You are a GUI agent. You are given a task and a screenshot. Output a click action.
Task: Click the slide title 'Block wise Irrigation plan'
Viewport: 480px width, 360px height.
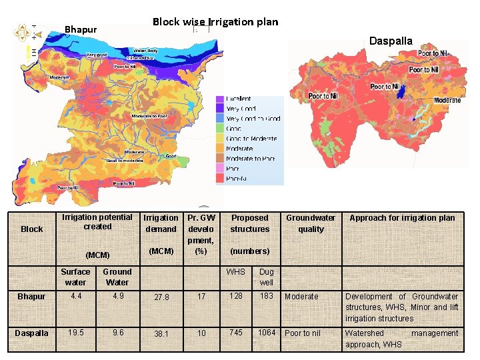click(215, 21)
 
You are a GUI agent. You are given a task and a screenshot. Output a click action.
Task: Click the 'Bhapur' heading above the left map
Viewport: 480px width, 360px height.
click(81, 29)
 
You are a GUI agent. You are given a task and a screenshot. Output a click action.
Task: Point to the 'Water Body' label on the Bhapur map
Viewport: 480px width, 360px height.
click(145, 51)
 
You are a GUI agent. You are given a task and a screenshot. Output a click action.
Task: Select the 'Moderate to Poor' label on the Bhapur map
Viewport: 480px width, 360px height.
click(149, 117)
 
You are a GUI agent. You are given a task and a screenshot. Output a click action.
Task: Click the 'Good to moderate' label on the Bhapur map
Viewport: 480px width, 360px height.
click(125, 161)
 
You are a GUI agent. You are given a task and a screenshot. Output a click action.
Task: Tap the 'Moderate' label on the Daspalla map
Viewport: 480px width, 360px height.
click(447, 100)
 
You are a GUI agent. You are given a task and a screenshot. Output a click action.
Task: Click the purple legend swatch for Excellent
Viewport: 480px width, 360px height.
click(219, 99)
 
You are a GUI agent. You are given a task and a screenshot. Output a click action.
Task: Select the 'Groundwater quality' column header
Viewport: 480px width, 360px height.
click(311, 223)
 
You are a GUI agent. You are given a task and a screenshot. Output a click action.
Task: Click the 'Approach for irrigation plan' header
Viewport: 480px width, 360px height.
click(402, 218)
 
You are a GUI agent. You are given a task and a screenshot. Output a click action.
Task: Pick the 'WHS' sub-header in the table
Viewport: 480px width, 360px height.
click(235, 272)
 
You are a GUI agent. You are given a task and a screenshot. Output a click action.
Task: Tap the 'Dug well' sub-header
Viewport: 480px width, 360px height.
click(266, 277)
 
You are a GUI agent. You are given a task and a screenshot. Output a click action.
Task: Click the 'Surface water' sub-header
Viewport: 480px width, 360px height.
click(75, 277)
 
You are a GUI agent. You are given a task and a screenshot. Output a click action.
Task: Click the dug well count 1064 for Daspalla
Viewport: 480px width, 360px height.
click(267, 333)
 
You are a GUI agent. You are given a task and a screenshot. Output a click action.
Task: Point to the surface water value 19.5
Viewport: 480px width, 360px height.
click(75, 333)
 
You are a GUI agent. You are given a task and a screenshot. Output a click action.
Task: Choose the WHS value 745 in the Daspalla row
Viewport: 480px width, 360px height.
click(235, 333)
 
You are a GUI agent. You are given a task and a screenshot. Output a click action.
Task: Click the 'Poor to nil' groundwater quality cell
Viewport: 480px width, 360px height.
click(303, 333)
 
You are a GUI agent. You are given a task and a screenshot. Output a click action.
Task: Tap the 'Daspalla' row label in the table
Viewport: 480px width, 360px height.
click(32, 333)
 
